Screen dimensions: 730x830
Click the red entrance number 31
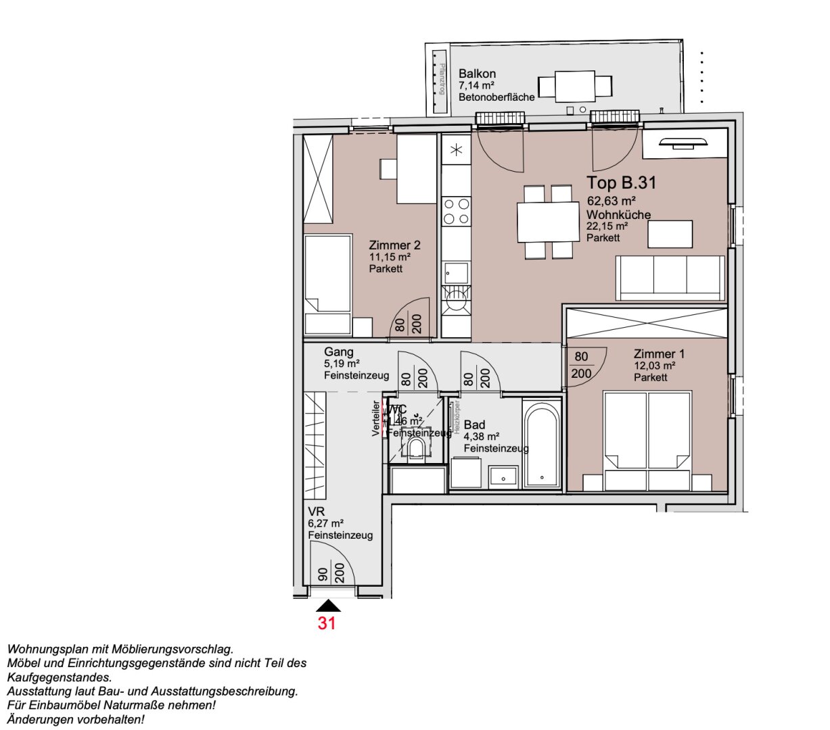(x=327, y=623)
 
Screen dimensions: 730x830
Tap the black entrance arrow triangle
(x=327, y=606)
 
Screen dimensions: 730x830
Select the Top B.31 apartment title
(x=621, y=182)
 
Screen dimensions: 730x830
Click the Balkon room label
(x=477, y=74)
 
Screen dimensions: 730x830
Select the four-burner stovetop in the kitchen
(x=455, y=211)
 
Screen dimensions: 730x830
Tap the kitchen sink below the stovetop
(x=455, y=273)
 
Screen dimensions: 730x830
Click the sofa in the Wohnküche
(x=670, y=277)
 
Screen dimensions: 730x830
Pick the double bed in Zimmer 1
(x=647, y=439)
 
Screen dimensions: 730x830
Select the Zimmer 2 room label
(x=390, y=245)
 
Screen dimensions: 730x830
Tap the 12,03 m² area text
(x=655, y=366)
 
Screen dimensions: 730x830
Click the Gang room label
(x=338, y=352)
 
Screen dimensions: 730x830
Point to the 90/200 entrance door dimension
(x=331, y=575)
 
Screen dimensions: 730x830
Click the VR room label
(x=316, y=512)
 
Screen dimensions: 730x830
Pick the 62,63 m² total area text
(x=611, y=201)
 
